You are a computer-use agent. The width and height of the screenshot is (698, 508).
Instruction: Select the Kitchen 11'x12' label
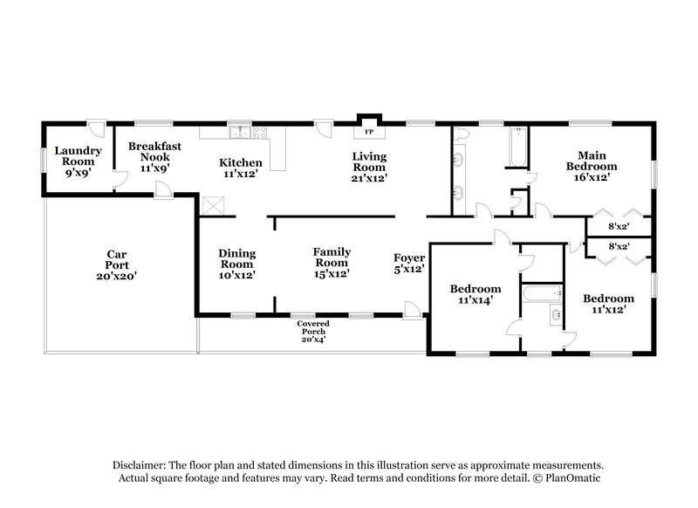(x=240, y=168)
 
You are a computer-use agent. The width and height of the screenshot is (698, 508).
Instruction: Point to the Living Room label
(x=369, y=167)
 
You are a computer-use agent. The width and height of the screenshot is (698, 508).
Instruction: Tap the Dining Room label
(x=236, y=264)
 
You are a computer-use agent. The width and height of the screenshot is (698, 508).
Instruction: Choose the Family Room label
(x=332, y=263)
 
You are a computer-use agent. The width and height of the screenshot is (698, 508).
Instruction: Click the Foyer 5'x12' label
(x=409, y=263)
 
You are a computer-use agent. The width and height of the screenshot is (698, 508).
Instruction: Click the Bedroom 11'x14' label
(x=476, y=294)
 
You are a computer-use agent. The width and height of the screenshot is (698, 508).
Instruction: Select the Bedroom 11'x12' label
(x=608, y=304)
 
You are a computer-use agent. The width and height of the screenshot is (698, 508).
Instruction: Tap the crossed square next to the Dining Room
(x=213, y=206)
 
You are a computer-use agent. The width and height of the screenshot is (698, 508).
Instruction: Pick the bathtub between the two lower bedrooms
(x=542, y=293)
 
